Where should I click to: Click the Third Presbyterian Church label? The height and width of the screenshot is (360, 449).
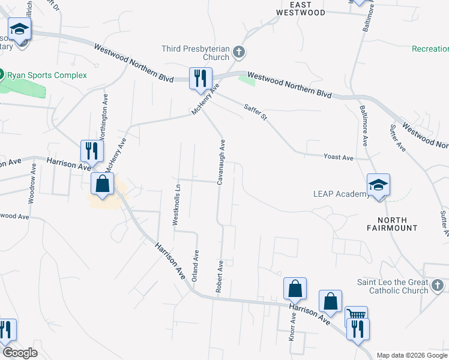[x=195, y=53]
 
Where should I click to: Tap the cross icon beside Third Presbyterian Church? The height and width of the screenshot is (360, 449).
[x=239, y=53]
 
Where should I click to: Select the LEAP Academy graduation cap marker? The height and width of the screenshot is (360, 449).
[x=379, y=184]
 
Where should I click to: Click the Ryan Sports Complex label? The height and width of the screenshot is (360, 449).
[x=47, y=75]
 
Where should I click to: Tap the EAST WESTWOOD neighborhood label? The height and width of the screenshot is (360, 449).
[x=301, y=8]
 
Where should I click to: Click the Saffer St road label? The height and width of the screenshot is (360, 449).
[x=255, y=112]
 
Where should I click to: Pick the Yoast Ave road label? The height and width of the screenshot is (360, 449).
[x=339, y=157]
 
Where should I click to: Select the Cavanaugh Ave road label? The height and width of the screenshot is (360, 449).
[x=221, y=162]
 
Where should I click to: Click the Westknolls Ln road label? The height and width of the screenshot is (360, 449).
[x=176, y=204]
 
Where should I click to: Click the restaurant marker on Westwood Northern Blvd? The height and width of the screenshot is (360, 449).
[x=200, y=78]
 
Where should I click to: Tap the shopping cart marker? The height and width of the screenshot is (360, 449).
[x=356, y=315]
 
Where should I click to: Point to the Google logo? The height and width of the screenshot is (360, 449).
[x=20, y=353]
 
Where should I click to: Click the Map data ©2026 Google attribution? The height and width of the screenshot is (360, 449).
[x=411, y=355]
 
